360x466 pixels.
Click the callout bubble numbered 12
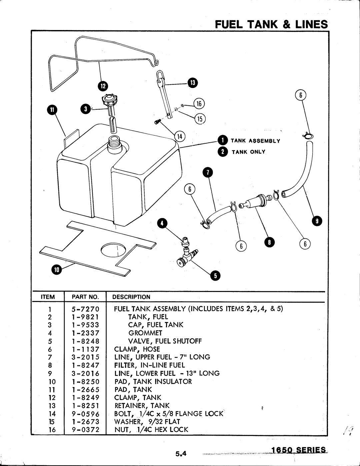tap(103, 86)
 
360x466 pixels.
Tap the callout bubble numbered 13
tap(192, 82)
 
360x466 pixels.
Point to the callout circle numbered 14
tap(180, 136)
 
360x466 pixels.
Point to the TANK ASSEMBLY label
tap(255, 141)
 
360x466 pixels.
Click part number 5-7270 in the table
tap(85, 309)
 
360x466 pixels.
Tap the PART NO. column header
tap(85, 297)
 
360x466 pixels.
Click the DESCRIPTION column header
tap(131, 297)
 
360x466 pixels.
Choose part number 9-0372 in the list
tap(85, 430)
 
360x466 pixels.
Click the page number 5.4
tap(179, 453)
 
